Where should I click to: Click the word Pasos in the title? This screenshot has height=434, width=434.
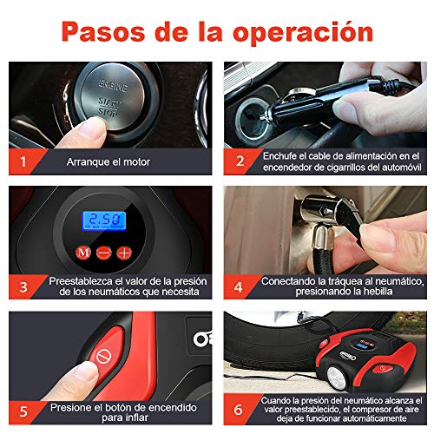click(103, 31)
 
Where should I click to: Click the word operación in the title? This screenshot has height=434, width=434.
click(303, 33)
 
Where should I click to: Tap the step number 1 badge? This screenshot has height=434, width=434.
click(23, 161)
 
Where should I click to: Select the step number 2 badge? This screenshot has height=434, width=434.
click(240, 161)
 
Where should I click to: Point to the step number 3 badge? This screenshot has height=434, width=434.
click(23, 287)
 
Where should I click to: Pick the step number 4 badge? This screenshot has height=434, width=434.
click(239, 287)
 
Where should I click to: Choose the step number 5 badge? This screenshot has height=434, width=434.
click(23, 411)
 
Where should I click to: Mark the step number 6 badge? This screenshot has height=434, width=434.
click(239, 410)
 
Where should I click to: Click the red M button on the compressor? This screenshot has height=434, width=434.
click(83, 253)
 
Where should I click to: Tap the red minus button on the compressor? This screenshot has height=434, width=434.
click(103, 253)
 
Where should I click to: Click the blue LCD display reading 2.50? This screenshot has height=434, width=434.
click(104, 220)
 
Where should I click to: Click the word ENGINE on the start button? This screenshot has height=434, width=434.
click(113, 85)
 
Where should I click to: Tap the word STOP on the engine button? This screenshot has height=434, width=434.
click(108, 112)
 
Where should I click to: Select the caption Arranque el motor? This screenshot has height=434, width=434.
click(108, 162)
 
